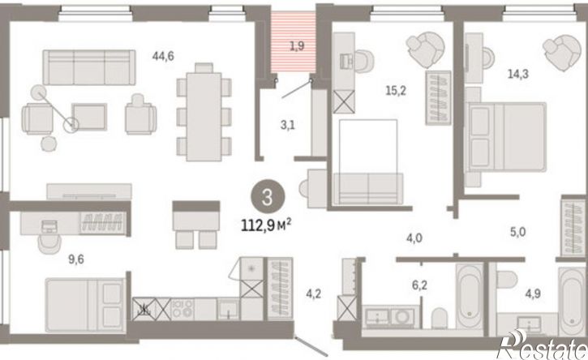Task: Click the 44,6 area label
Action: pyautogui.click(x=163, y=56)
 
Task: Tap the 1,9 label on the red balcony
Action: pyautogui.click(x=297, y=46)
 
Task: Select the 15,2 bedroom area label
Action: pyautogui.click(x=396, y=90)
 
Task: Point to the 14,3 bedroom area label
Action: pyautogui.click(x=518, y=74)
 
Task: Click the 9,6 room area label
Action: pyautogui.click(x=76, y=259)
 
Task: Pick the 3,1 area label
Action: pyautogui.click(x=288, y=125)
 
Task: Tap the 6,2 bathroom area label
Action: pyautogui.click(x=419, y=285)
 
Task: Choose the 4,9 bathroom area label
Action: pyautogui.click(x=533, y=294)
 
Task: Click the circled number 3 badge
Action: pyautogui.click(x=268, y=197)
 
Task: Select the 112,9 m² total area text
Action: pyautogui.click(x=266, y=226)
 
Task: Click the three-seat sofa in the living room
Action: pyautogui.click(x=89, y=67)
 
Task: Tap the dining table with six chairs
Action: pyautogui.click(x=204, y=113)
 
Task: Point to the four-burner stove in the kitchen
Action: pyautogui.click(x=182, y=309)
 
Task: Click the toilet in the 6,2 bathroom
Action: pyautogui.click(x=440, y=318)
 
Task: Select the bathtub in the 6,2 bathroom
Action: pyautogui.click(x=470, y=296)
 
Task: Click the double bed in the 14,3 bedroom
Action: pyautogui.click(x=505, y=137)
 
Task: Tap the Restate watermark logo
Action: pyautogui.click(x=543, y=345)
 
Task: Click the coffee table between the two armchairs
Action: pyautogui.click(x=89, y=117)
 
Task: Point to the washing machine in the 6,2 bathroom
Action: pyautogui.click(x=402, y=317)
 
